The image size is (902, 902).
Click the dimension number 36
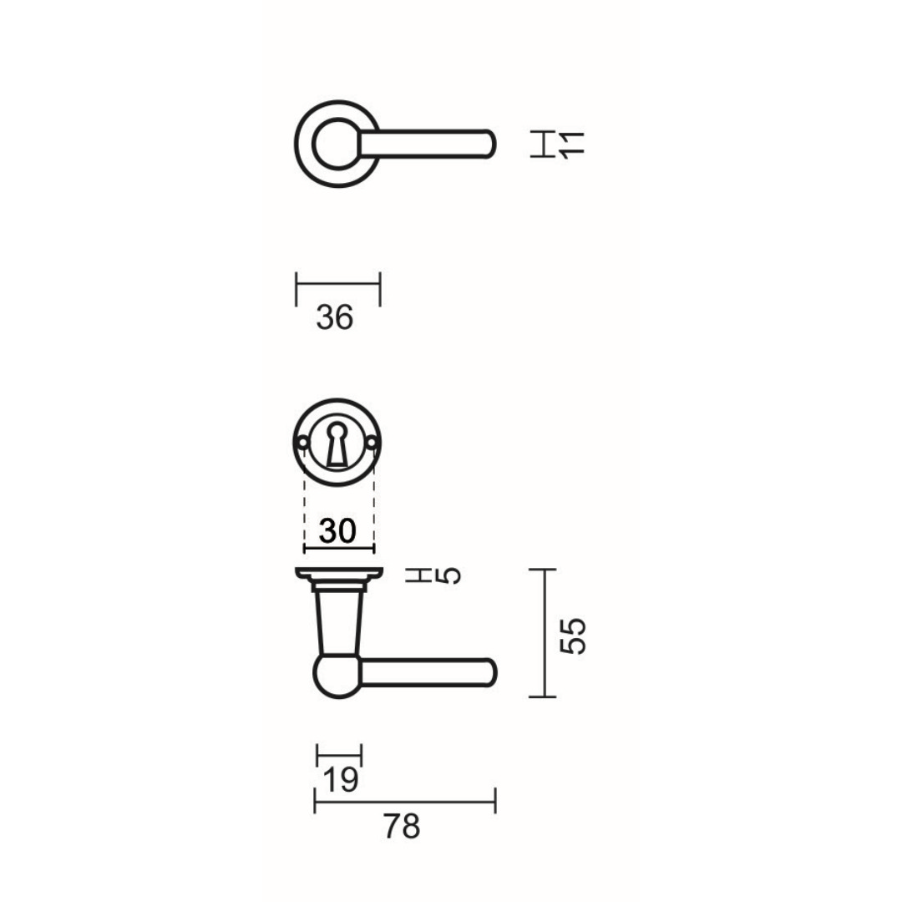[335, 317]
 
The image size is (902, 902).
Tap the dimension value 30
[337, 530]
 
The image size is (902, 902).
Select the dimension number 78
[402, 827]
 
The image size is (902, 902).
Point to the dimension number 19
[341, 779]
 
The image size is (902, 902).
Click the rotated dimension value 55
[573, 636]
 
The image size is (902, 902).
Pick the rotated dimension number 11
[572, 144]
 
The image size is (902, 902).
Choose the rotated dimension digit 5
[450, 575]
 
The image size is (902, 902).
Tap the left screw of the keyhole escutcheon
[302, 443]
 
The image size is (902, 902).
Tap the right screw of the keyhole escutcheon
[372, 443]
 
